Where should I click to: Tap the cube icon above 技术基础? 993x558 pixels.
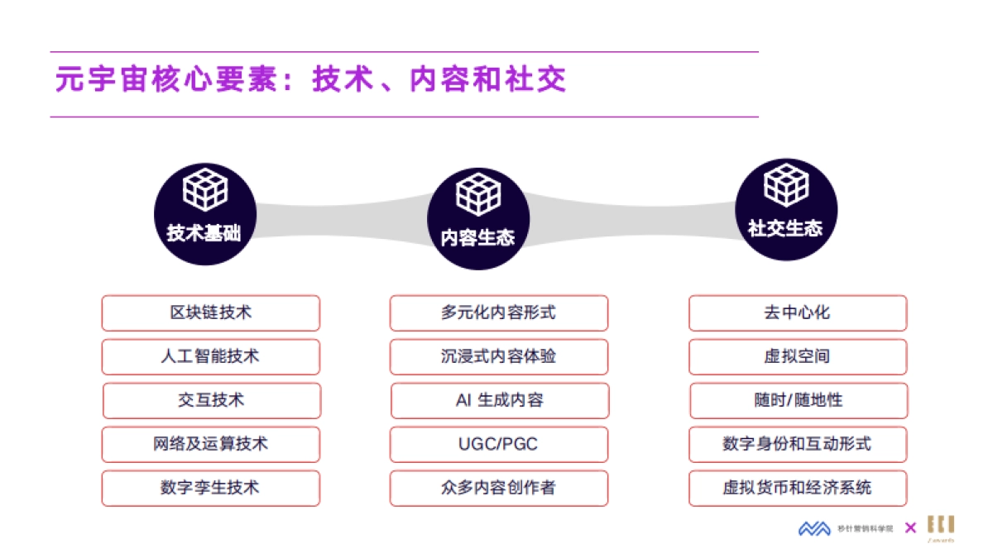coord(204,189)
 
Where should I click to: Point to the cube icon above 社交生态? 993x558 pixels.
coord(786,185)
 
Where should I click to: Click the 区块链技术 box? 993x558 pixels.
coord(210,313)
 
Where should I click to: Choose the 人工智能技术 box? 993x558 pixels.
coord(210,357)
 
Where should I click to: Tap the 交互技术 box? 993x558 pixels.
coord(211,401)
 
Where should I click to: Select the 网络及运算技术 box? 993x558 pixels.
coord(210,445)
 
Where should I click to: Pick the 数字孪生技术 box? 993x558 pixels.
coord(210,489)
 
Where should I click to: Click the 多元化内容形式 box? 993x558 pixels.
coord(498,313)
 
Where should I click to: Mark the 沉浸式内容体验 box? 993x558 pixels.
coord(498,357)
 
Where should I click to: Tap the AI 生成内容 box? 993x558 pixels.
coord(499,401)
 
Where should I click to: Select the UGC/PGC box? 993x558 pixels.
coord(498,445)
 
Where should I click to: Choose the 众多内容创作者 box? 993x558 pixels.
coord(498,489)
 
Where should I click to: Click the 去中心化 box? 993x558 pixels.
coord(798,313)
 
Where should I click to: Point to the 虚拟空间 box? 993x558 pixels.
coord(798,357)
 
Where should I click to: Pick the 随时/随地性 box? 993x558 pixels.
coord(799,401)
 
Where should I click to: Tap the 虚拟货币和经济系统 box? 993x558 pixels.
coord(798,489)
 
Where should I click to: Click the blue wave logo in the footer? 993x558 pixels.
coord(814,528)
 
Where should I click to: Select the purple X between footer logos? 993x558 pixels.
coord(910,528)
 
